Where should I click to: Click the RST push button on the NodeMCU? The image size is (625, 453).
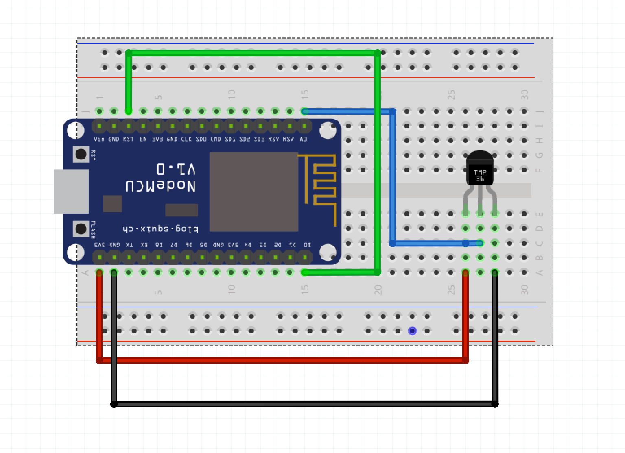pos(81,154)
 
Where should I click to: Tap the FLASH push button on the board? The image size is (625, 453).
pos(81,229)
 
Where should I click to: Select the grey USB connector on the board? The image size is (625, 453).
pos(71,192)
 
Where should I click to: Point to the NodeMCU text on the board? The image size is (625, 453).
pos(161,186)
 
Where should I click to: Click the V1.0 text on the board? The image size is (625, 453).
pos(176,169)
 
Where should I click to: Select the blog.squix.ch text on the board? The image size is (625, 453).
pos(160,229)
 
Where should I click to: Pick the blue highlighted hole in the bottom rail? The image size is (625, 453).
pos(412,331)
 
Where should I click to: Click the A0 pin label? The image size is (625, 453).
pos(303,139)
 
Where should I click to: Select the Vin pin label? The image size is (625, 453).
pos(99,139)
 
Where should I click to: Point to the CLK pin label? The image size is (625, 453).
pos(186,139)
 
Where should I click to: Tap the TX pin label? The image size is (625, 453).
pos(129,245)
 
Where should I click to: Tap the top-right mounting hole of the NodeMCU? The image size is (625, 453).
pos(328,131)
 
